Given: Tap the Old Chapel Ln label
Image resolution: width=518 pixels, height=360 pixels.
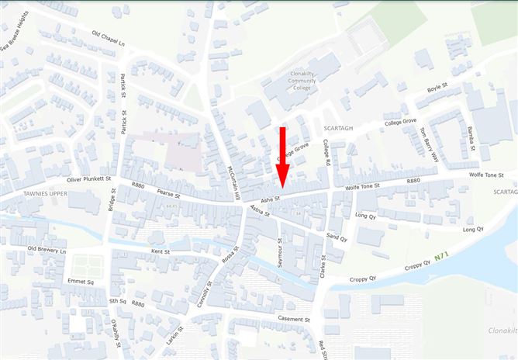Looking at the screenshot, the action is (x=108, y=36).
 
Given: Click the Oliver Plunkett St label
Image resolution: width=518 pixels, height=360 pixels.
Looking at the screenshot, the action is (x=90, y=179).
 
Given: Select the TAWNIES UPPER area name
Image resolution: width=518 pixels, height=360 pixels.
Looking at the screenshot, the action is (x=26, y=192).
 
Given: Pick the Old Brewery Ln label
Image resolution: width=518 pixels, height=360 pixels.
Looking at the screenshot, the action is (x=47, y=250).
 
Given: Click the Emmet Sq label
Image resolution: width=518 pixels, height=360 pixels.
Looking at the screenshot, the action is (x=79, y=282).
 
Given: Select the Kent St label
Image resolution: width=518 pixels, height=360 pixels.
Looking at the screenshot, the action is (x=161, y=252).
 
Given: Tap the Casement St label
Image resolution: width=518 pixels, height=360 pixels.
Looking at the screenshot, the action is (x=295, y=319).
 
